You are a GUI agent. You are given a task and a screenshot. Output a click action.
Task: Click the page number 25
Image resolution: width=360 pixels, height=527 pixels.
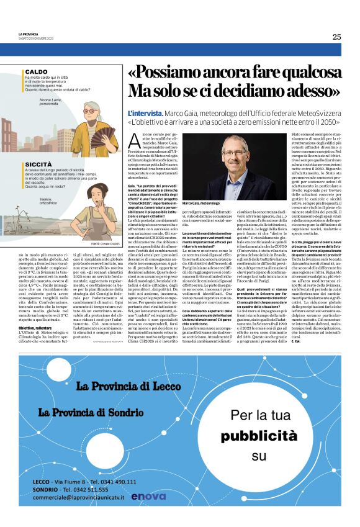pos(336,37)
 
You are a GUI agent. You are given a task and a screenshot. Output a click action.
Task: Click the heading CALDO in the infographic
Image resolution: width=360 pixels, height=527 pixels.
pos(30,71)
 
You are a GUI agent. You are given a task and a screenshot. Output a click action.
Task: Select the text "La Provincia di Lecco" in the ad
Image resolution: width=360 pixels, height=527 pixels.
pos(130,386)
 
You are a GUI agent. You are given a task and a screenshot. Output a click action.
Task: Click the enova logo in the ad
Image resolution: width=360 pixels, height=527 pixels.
pos(148,495)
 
